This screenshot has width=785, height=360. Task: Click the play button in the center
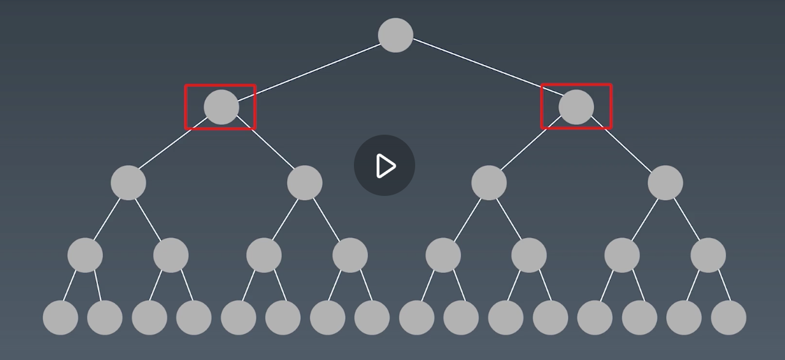coord(385,165)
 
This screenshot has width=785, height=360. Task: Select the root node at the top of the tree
coord(396,35)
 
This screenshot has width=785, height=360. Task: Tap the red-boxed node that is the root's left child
coord(221,107)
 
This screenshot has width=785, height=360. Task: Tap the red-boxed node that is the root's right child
coord(576,107)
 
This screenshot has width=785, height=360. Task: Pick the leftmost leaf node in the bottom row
coord(61,318)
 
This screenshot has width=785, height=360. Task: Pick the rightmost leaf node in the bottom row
coord(729,318)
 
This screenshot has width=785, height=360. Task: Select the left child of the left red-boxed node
coord(129,182)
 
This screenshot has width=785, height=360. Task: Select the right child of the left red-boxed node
coord(304,182)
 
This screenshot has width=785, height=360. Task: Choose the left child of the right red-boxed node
coord(489,182)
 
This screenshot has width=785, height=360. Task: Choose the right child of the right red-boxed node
coord(665,182)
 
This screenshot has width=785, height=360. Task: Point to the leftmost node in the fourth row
coord(85,255)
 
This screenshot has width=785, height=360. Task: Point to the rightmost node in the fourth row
coord(708,255)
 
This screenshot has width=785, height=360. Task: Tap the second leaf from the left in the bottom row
coord(105,318)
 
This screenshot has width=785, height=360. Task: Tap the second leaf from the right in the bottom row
coord(684,318)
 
